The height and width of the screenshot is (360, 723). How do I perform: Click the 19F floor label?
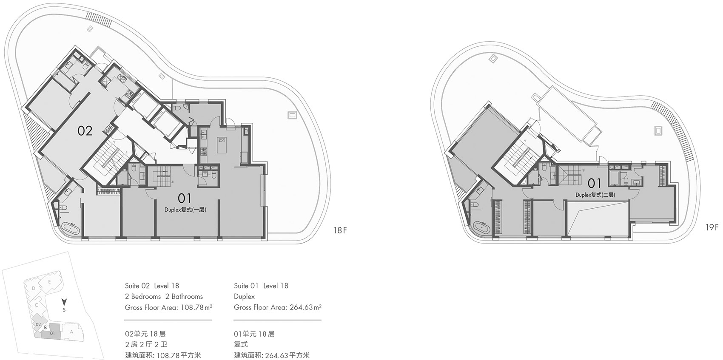click(x=712, y=227)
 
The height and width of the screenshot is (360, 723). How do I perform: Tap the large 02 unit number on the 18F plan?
click(x=85, y=130)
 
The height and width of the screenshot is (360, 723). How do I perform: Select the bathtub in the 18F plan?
click(x=70, y=230)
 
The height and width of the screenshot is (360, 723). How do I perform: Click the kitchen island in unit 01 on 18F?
click(x=222, y=146)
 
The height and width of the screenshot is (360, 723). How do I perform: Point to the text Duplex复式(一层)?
click(x=185, y=210)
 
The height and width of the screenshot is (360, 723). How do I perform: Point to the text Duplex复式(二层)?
click(x=595, y=195)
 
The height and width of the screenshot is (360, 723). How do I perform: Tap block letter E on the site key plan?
click(x=49, y=281)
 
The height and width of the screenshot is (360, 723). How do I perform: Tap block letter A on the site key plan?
click(x=71, y=332)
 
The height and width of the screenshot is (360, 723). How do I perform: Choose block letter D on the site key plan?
click(x=33, y=288)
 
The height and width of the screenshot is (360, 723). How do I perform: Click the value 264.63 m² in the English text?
click(x=305, y=307)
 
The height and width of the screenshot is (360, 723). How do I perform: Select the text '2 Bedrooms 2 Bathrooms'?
click(x=164, y=297)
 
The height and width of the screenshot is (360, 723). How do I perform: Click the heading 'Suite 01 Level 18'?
click(x=261, y=286)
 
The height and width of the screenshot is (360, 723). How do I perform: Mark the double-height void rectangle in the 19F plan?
click(x=597, y=218)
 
